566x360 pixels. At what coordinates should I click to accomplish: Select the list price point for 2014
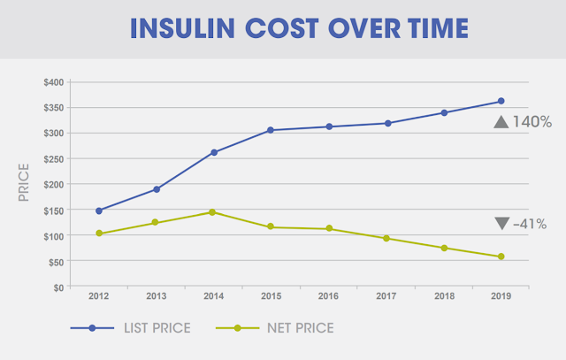coord(214,152)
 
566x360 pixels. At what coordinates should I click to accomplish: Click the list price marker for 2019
coord(501,101)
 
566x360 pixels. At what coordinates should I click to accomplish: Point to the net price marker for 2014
coord(214,212)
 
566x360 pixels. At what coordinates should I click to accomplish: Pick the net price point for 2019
coord(501,257)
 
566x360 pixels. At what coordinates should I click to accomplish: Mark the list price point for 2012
coord(99,211)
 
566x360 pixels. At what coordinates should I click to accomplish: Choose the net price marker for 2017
coord(386,238)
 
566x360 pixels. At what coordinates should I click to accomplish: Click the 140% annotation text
coord(533,123)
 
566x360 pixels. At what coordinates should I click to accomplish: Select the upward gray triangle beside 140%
coord(501,122)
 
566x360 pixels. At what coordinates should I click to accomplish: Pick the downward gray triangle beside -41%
coord(501,223)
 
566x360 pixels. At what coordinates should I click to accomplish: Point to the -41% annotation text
coord(532,223)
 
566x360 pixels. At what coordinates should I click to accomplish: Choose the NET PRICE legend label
coord(299,328)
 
